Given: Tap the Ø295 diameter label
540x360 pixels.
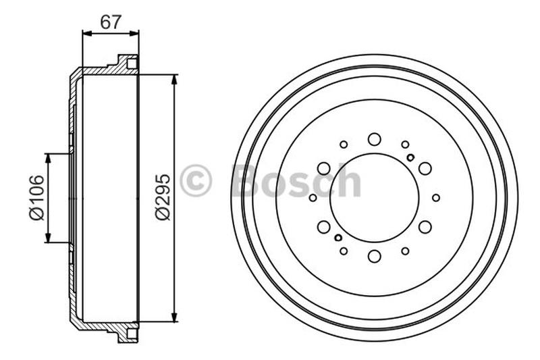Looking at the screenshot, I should (163, 197).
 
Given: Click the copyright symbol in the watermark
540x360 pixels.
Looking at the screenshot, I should (196, 181).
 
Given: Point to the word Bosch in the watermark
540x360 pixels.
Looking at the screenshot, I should (296, 181).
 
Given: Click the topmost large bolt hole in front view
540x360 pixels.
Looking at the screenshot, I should (374, 139).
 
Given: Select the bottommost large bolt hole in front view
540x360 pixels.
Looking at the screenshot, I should (374, 256).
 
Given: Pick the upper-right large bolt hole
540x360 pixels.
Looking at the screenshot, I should (425, 168).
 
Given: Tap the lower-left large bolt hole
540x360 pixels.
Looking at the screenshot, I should (324, 227).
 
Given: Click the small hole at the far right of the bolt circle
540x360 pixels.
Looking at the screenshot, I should (436, 198).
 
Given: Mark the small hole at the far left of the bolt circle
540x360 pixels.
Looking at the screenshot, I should (313, 198).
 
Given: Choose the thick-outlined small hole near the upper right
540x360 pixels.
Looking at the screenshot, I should (410, 157).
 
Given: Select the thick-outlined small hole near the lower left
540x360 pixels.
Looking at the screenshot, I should (338, 238).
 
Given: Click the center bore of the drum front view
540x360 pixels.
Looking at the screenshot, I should (374, 197).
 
